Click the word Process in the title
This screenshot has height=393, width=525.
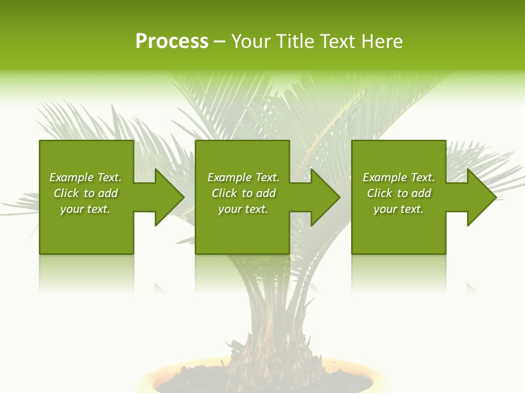[172, 41]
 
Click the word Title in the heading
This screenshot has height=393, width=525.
[295, 41]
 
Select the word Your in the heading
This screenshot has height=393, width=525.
[251, 41]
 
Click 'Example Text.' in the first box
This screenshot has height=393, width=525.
[85, 177]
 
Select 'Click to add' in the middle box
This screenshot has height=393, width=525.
[243, 193]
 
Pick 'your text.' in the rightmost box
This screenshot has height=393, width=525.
[398, 209]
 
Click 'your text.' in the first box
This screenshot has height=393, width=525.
[85, 209]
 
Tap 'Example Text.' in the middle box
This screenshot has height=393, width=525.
[243, 177]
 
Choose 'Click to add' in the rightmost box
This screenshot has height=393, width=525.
[399, 193]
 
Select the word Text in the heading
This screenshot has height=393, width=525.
[336, 41]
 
